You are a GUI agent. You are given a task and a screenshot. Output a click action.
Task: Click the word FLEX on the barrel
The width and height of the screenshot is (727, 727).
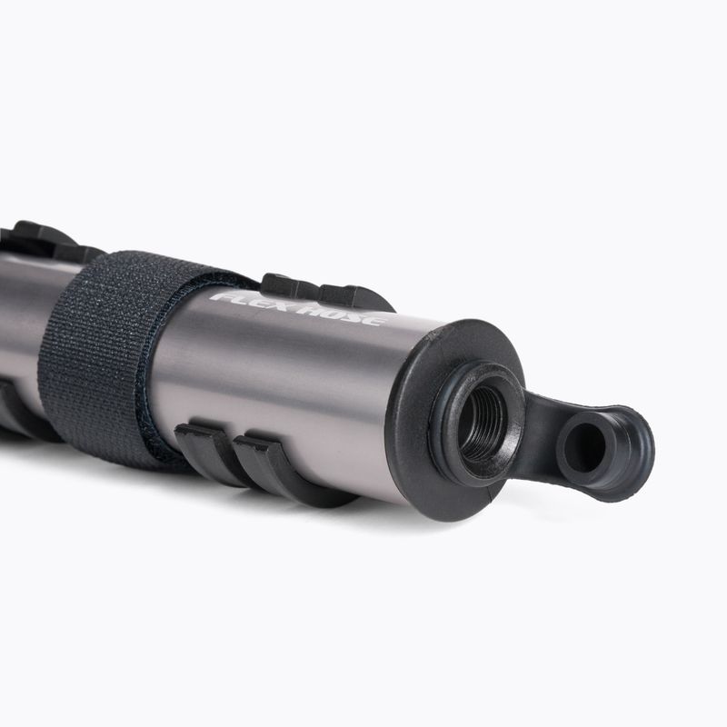245,301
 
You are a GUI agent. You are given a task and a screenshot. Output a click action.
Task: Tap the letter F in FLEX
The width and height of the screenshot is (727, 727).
221,297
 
